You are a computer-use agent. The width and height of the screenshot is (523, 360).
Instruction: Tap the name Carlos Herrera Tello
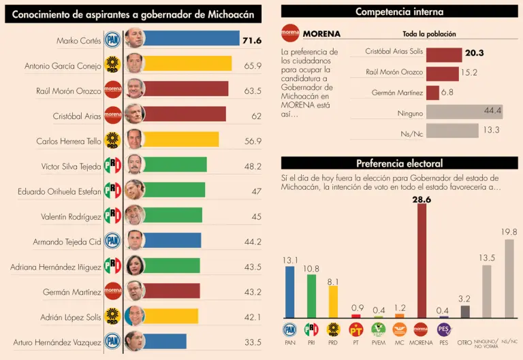tap(69, 141)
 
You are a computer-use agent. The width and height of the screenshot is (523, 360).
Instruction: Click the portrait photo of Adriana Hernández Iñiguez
tap(135, 265)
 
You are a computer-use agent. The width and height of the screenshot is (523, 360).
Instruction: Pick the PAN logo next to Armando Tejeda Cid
tap(112, 240)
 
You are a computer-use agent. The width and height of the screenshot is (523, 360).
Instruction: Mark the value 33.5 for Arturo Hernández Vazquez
tap(253, 342)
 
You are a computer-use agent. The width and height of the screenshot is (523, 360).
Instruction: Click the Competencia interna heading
tap(399, 12)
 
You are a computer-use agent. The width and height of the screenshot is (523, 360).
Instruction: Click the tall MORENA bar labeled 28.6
tap(422, 261)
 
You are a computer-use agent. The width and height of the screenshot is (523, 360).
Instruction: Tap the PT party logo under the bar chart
tap(355, 330)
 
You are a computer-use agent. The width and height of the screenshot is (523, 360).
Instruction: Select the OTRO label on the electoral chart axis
tap(465, 342)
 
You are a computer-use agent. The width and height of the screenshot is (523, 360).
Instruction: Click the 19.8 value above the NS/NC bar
tap(509, 232)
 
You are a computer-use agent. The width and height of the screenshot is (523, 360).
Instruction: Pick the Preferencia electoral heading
tap(399, 163)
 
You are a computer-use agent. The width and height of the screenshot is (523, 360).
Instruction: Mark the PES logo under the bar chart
tap(443, 330)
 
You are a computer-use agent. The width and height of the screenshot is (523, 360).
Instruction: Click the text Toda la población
tap(429, 34)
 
